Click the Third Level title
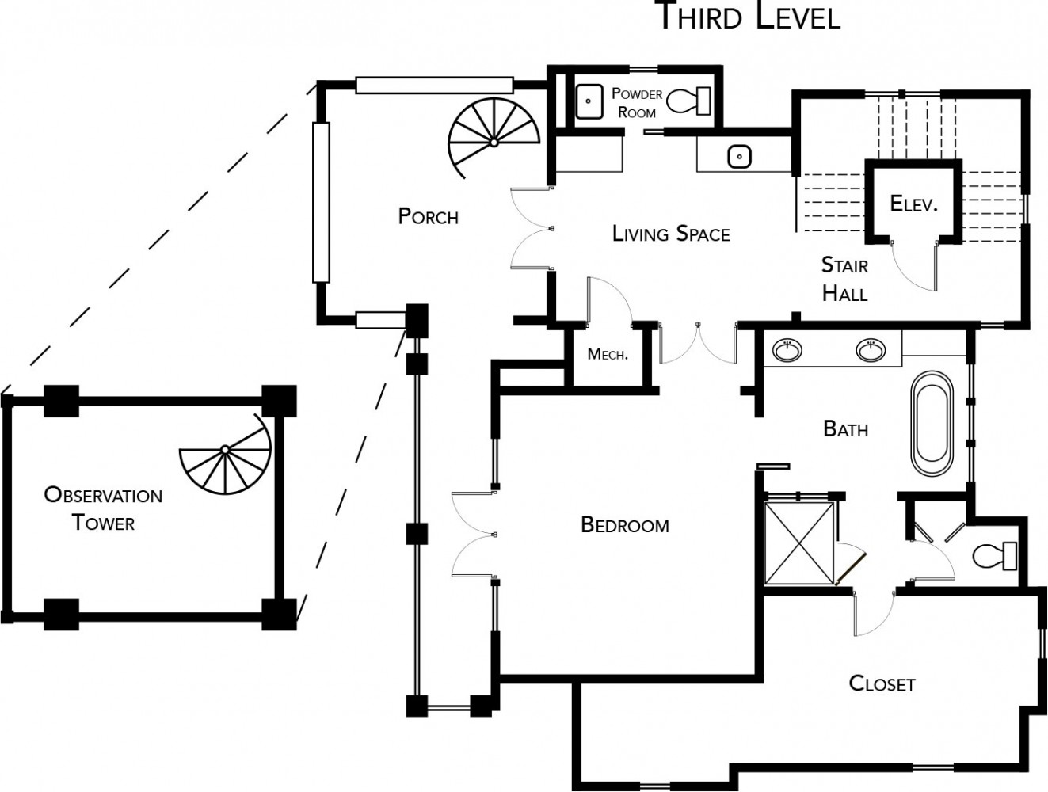[749, 16]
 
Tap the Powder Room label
[637, 103]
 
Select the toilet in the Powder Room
[688, 101]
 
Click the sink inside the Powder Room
[589, 101]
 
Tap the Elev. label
[913, 204]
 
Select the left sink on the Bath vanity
[787, 349]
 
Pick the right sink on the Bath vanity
[871, 349]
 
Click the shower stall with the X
[799, 542]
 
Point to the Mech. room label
[608, 354]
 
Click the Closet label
[882, 683]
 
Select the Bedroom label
[625, 525]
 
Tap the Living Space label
[671, 234]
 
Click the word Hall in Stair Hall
[844, 294]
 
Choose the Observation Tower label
[103, 508]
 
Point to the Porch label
[428, 215]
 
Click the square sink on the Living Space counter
[739, 157]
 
